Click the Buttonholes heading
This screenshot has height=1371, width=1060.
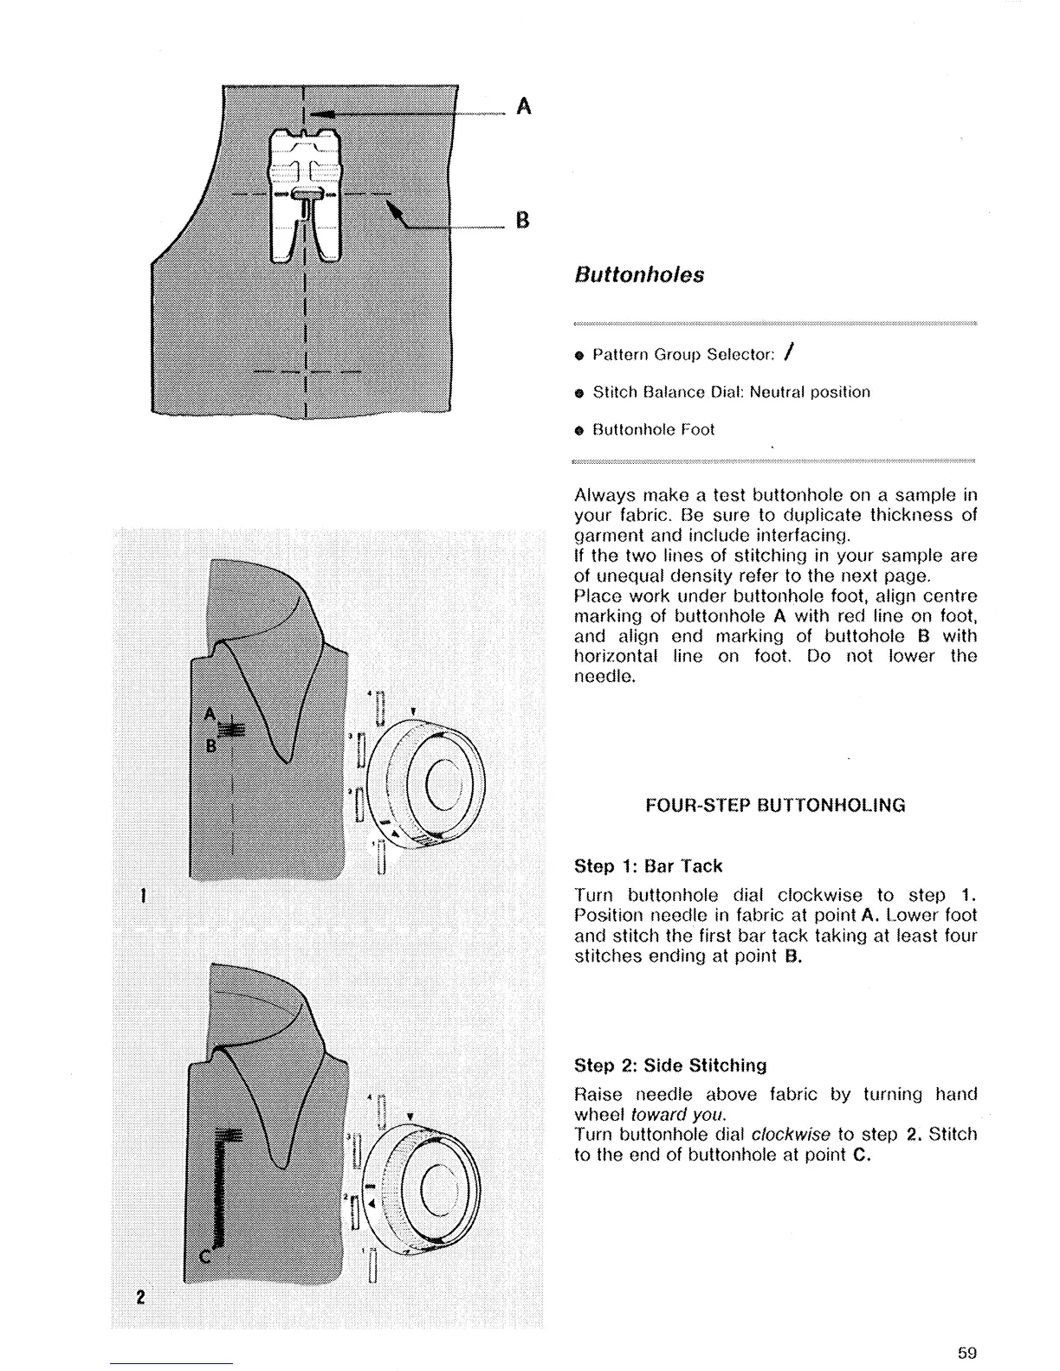pos(639,275)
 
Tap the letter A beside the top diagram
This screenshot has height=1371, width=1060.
pos(523,106)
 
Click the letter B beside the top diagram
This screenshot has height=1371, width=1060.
pos(522,220)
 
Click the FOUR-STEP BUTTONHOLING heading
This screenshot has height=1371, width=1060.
pos(776,805)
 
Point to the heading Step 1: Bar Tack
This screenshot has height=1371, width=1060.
pos(648,866)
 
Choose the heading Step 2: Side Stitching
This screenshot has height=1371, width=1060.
pos(670,1065)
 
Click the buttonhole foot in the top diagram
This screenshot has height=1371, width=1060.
pos(302,195)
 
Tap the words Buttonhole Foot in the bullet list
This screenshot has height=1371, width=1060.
pos(654,429)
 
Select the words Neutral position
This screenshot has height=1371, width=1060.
pos(810,392)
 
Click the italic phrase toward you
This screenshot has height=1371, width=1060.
pos(678,1115)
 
